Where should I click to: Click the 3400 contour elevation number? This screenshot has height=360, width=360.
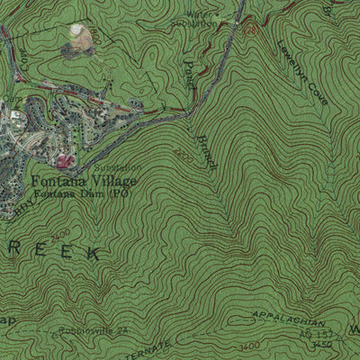(x=250, y=346)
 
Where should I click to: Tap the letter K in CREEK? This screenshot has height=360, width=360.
(x=92, y=256)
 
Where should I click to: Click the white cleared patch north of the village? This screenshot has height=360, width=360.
(x=83, y=35)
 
